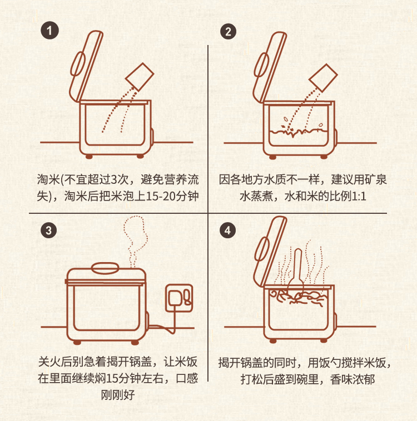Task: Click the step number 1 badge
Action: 49,31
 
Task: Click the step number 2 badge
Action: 229,32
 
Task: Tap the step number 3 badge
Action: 49,230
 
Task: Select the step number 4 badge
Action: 228,230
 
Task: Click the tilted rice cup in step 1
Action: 140,77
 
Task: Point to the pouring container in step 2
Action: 323,78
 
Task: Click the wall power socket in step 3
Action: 179,298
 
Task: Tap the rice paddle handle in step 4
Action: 298,264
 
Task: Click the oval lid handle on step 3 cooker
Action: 105,268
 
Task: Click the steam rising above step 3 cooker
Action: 136,242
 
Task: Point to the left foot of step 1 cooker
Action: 89,156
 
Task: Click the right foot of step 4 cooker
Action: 324,340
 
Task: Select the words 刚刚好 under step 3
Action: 118,395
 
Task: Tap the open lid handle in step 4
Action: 262,249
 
